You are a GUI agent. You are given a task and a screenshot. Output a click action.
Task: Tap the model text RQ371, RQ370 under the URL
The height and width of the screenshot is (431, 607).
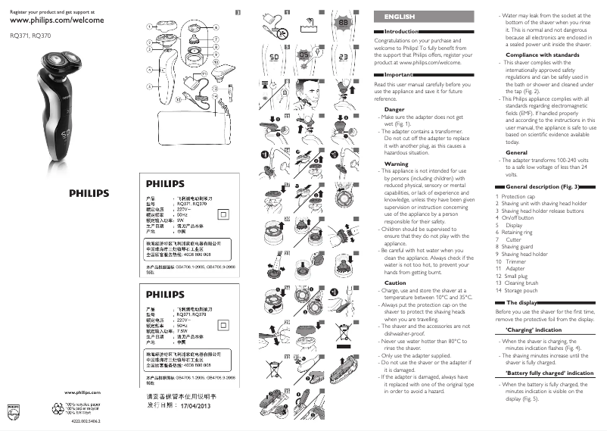click(25, 35)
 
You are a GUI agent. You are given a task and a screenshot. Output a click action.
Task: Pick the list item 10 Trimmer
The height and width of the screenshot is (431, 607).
click(512, 261)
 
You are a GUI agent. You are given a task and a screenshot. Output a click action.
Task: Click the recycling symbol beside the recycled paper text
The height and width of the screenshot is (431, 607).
click(54, 407)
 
